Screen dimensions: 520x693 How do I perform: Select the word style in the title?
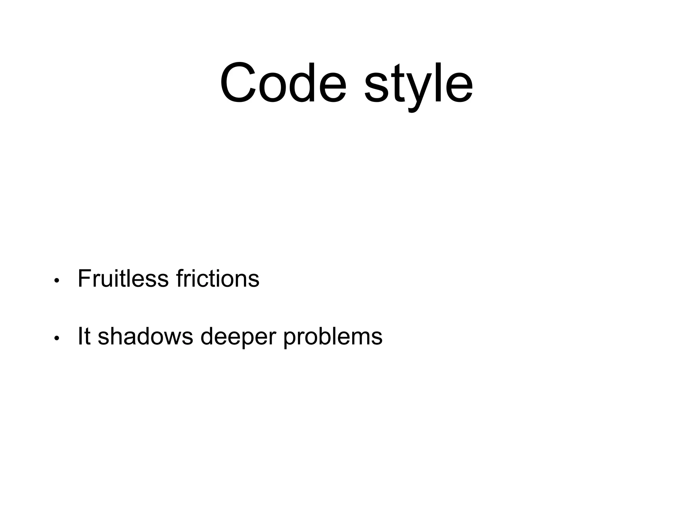[418, 85]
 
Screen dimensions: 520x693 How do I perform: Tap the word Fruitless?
[123, 279]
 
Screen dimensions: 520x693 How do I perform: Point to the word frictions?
[218, 279]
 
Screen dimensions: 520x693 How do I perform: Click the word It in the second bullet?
[84, 336]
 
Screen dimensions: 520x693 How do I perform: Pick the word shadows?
[146, 336]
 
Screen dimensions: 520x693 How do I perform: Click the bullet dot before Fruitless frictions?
[57, 281]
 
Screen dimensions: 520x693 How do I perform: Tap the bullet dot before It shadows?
[57, 338]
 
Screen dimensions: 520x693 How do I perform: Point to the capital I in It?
[80, 336]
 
